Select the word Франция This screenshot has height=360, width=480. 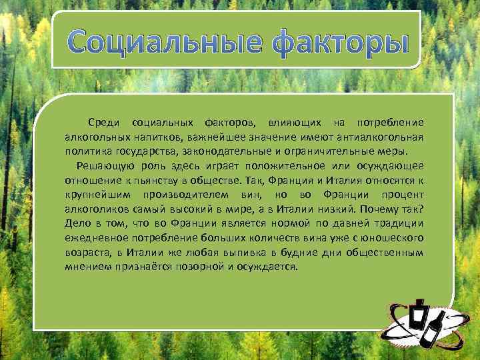[295, 180]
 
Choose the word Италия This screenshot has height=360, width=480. [349, 180]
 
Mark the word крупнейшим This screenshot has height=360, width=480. [99, 195]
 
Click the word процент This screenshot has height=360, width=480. [403, 195]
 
